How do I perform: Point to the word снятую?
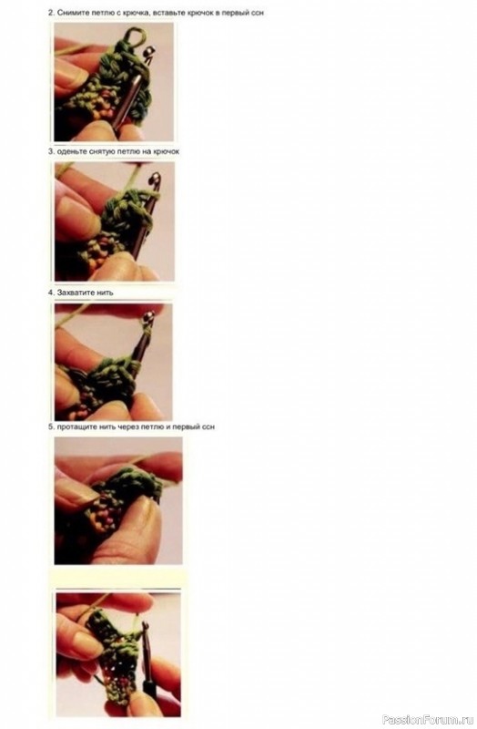pos(99,151)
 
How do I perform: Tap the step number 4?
pos(51,293)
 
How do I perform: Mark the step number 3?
pos(51,151)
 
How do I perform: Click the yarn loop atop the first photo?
pos(134,37)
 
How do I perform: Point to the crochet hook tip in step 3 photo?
pos(155,180)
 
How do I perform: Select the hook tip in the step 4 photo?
pos(148,317)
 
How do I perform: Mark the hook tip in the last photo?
pos(144,627)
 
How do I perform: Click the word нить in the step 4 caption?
pos(105,293)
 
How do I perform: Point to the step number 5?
pos(51,426)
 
